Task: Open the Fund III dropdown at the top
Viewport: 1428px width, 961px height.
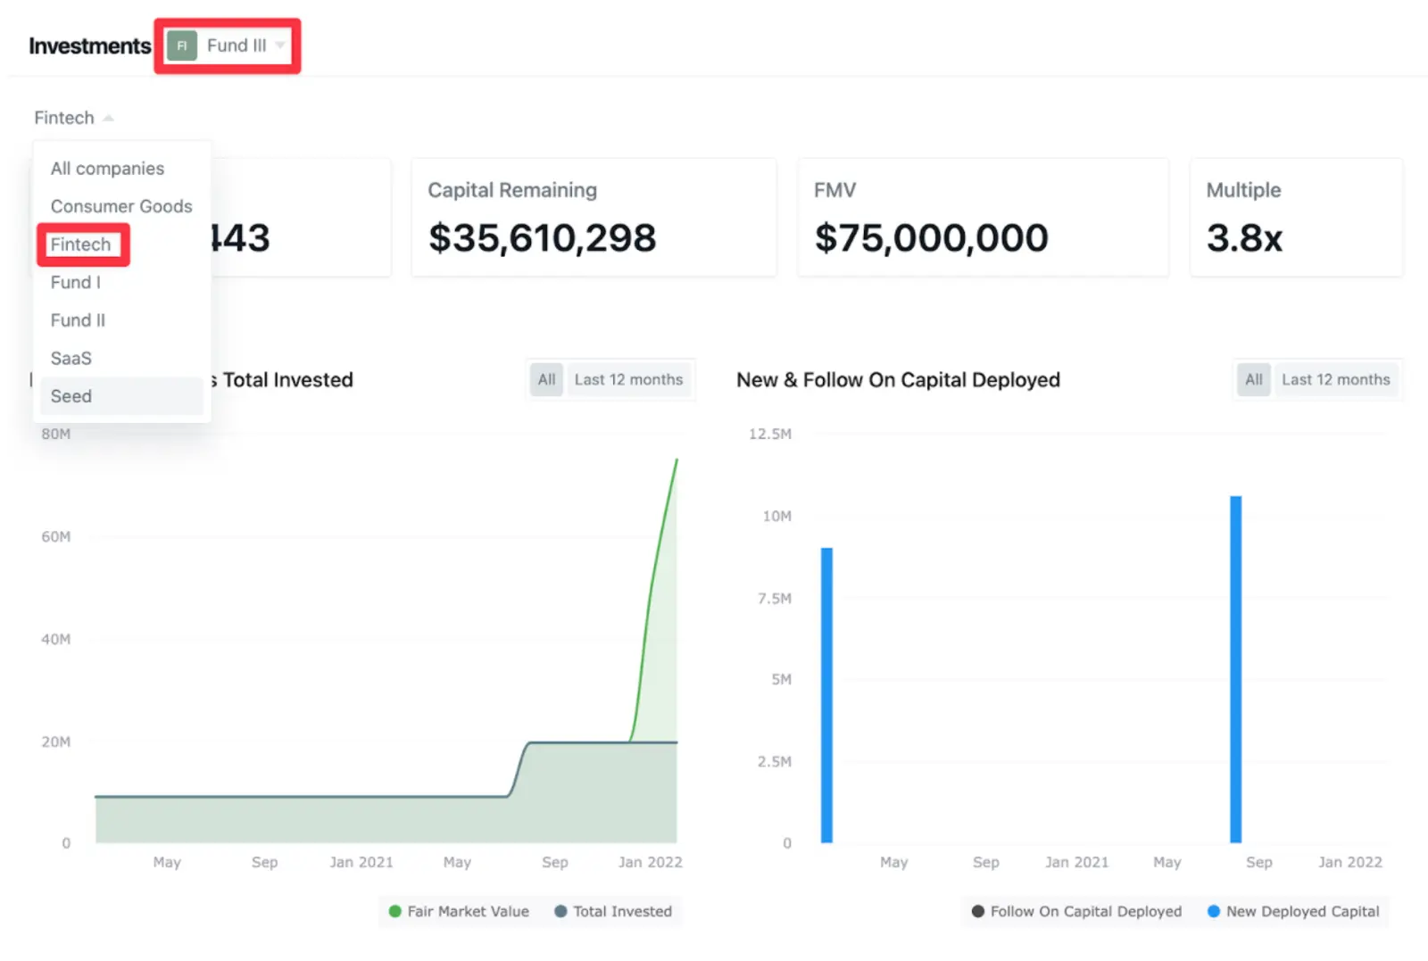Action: pos(228,46)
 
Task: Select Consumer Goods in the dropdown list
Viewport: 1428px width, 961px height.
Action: pos(120,206)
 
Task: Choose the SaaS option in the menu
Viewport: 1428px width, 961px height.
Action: pos(71,358)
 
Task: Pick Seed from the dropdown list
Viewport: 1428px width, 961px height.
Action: pos(71,396)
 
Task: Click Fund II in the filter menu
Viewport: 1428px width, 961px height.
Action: pos(78,320)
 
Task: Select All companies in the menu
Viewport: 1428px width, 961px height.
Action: pos(107,169)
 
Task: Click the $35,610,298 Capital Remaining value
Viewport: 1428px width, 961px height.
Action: pos(542,238)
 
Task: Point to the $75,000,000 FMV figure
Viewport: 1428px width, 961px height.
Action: pos(931,238)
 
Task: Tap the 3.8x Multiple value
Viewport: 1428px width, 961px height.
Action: pos(1244,238)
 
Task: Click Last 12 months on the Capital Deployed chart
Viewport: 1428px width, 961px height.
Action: pos(1335,379)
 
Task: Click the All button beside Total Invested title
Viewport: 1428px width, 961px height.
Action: pos(546,379)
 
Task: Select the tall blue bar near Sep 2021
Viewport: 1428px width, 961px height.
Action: pos(1235,669)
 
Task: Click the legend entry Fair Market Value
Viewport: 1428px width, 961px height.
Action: pos(459,911)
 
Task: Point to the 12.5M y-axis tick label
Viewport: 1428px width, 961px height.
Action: pos(769,434)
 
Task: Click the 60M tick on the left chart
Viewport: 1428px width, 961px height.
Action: pos(55,536)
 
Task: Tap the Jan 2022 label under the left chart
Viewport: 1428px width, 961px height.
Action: pos(650,862)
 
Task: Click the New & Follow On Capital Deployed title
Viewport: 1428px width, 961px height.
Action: pos(898,380)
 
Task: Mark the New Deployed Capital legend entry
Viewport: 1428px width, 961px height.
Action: pos(1293,911)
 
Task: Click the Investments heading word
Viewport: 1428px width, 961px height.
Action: pos(89,46)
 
